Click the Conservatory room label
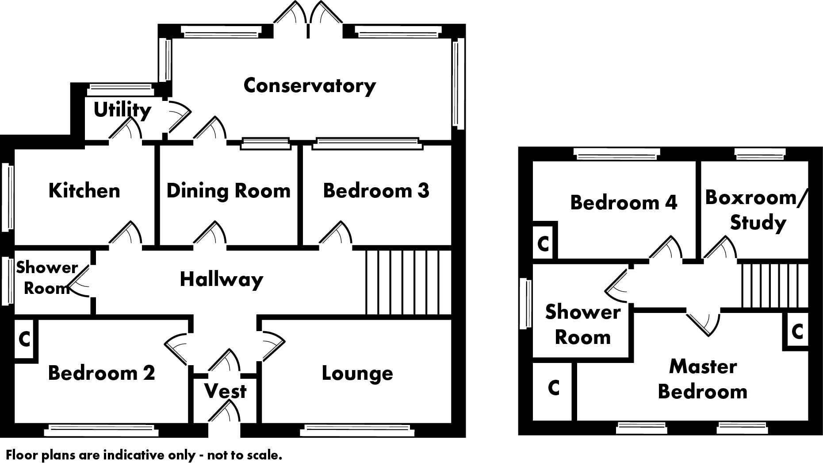coord(310,85)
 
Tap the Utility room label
coord(122,110)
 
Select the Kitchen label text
coord(84,191)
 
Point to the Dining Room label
coord(228,191)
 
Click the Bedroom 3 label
coord(376,191)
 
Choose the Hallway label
coord(221,280)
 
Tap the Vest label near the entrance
coord(225,391)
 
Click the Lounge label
coord(357,373)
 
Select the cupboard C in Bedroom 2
coord(25,339)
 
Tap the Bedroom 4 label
coord(623,203)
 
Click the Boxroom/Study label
coord(756,210)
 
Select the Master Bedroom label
coord(702,379)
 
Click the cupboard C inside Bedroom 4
coord(543,243)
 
